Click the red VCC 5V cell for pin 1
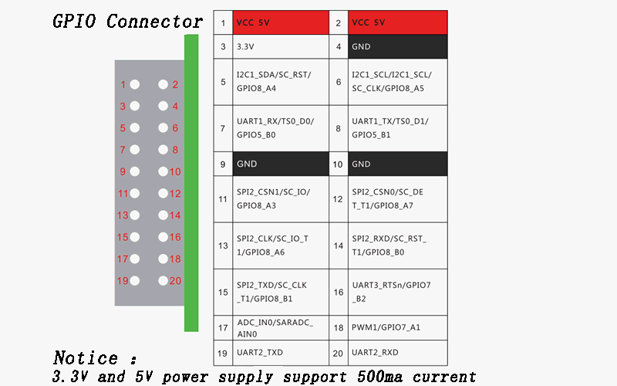pos(280,23)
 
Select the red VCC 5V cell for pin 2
pos(396,23)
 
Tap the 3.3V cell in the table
pos(280,46)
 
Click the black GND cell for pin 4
pos(396,46)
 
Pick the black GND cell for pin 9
pos(280,164)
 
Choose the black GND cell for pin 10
pos(396,164)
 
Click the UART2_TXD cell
pos(280,352)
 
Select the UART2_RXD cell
pos(396,352)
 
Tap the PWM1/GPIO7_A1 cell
pos(396,327)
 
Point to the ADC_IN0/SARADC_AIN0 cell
pos(280,327)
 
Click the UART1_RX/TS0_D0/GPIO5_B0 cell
pos(280,128)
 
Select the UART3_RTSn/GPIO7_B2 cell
pos(396,292)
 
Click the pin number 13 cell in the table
pos(223,245)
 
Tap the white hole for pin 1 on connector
pos(135,84)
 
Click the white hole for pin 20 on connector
pos(163,281)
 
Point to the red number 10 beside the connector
pos(175,172)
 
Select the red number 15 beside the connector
pos(123,238)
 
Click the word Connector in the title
pos(154,21)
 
